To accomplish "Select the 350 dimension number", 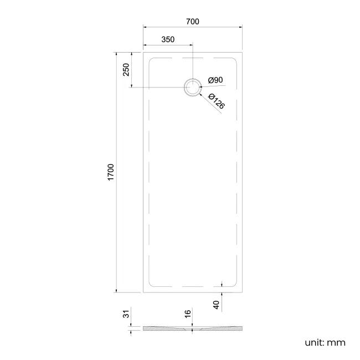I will click(168, 39).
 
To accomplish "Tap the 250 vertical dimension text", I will click(126, 70).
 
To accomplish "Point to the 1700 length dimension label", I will click(110, 172).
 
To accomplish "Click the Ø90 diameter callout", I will click(215, 80).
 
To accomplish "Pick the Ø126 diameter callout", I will click(217, 101).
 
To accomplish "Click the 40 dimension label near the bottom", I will click(217, 303).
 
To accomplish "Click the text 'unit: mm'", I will click(325, 342).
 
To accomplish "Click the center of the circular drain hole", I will click(192, 87).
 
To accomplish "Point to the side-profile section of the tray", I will click(192, 328).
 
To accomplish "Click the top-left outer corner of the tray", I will click(143, 52).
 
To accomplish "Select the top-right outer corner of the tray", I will click(241, 52).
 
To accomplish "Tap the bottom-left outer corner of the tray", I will click(143, 292).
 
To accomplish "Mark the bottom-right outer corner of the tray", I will click(241, 292).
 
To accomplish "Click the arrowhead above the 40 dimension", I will click(222, 285).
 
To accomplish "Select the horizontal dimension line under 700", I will click(192, 27).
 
